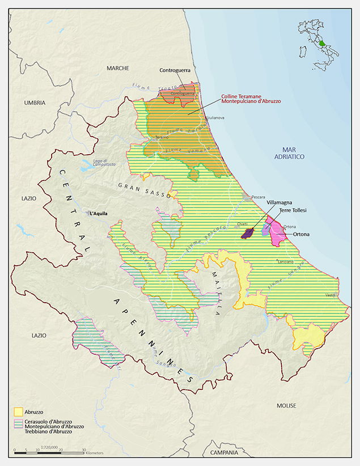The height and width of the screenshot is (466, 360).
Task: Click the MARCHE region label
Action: [x=118, y=68]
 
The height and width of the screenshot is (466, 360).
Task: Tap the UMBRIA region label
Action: [x=35, y=103]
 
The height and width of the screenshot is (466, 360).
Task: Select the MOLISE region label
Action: [x=287, y=406]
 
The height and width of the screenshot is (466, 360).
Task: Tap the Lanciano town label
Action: [x=286, y=262]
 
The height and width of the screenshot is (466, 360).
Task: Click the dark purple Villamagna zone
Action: [x=247, y=234]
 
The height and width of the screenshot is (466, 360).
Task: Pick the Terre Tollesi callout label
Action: [x=293, y=210]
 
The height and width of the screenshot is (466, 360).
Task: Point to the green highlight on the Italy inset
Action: [x=322, y=43]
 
